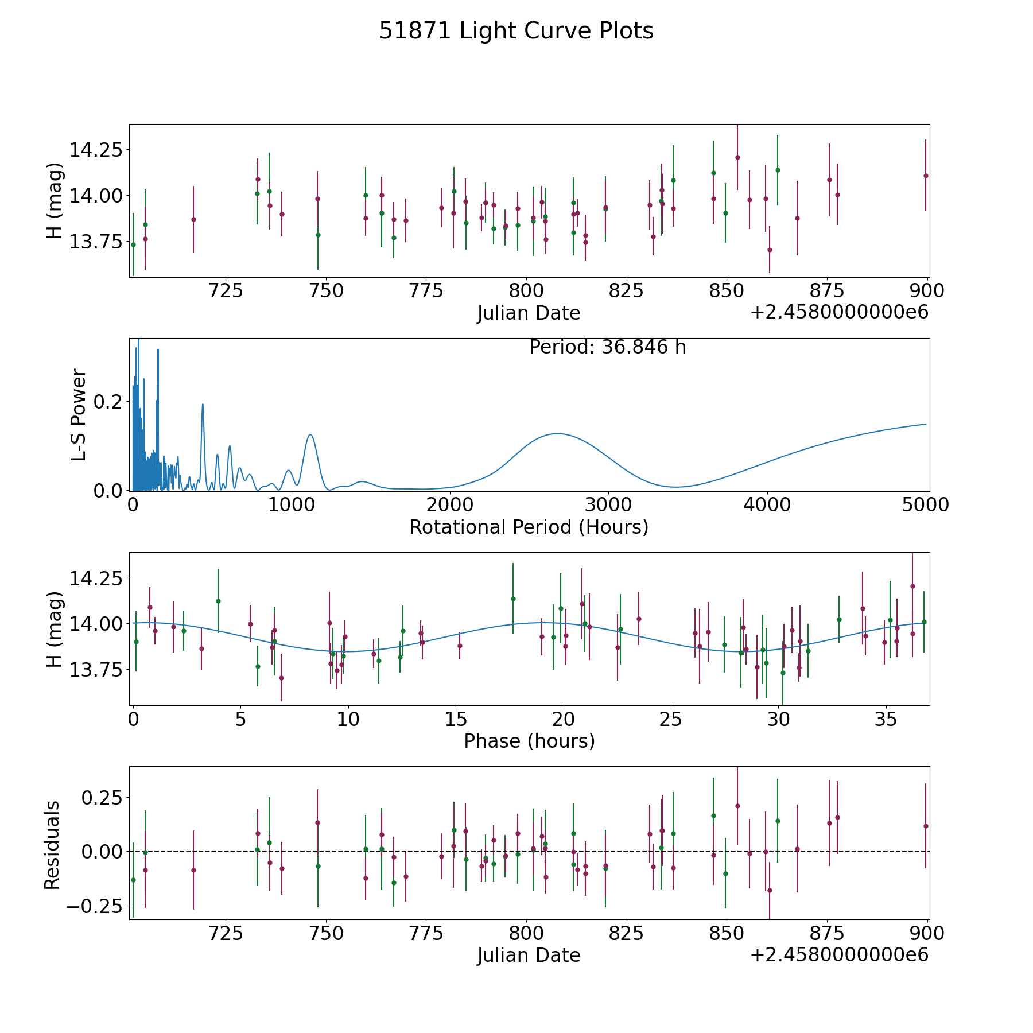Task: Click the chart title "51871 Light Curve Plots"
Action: click(516, 31)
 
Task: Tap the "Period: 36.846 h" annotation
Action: click(607, 347)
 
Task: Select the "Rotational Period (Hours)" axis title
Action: click(529, 527)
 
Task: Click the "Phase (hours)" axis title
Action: click(529, 741)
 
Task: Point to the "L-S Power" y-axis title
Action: click(79, 414)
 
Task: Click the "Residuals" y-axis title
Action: click(52, 845)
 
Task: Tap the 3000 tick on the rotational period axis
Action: click(608, 505)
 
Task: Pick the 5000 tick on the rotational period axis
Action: click(926, 505)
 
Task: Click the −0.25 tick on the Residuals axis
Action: click(94, 906)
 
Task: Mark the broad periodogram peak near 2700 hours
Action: click(556, 434)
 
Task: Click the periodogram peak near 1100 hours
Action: click(310, 434)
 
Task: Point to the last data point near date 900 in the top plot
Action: click(925, 176)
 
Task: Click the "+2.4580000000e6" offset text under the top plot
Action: click(839, 312)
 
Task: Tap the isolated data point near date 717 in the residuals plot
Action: click(193, 870)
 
